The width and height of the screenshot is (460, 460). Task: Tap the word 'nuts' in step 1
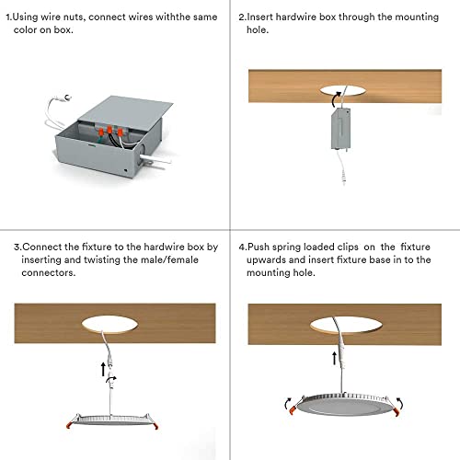point(94,17)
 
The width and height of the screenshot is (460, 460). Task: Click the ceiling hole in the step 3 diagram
point(115,323)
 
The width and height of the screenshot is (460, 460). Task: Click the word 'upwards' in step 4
point(265,260)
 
